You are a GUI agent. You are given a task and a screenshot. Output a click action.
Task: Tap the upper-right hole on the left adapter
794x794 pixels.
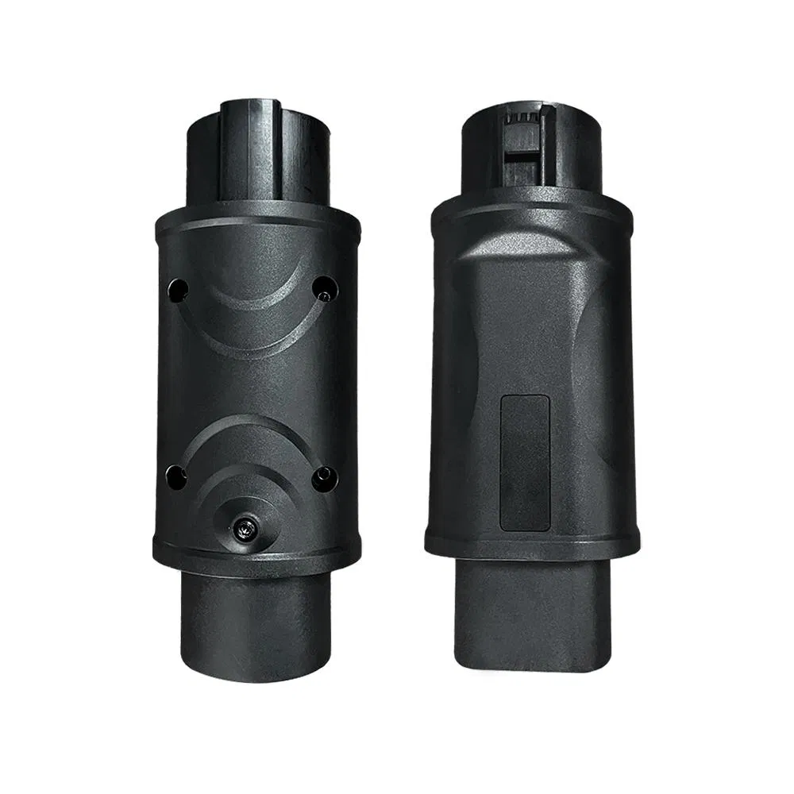pyautogui.click(x=323, y=289)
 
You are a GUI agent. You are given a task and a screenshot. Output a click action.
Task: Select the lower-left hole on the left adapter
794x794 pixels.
pyautogui.click(x=175, y=477)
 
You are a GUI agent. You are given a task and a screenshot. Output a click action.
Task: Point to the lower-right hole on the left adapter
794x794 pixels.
pyautogui.click(x=324, y=477)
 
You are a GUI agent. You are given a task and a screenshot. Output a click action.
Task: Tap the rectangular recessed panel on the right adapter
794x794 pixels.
pyautogui.click(x=524, y=463)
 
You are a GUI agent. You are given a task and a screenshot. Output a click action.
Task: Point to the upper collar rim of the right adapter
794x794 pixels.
pyautogui.click(x=532, y=204)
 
